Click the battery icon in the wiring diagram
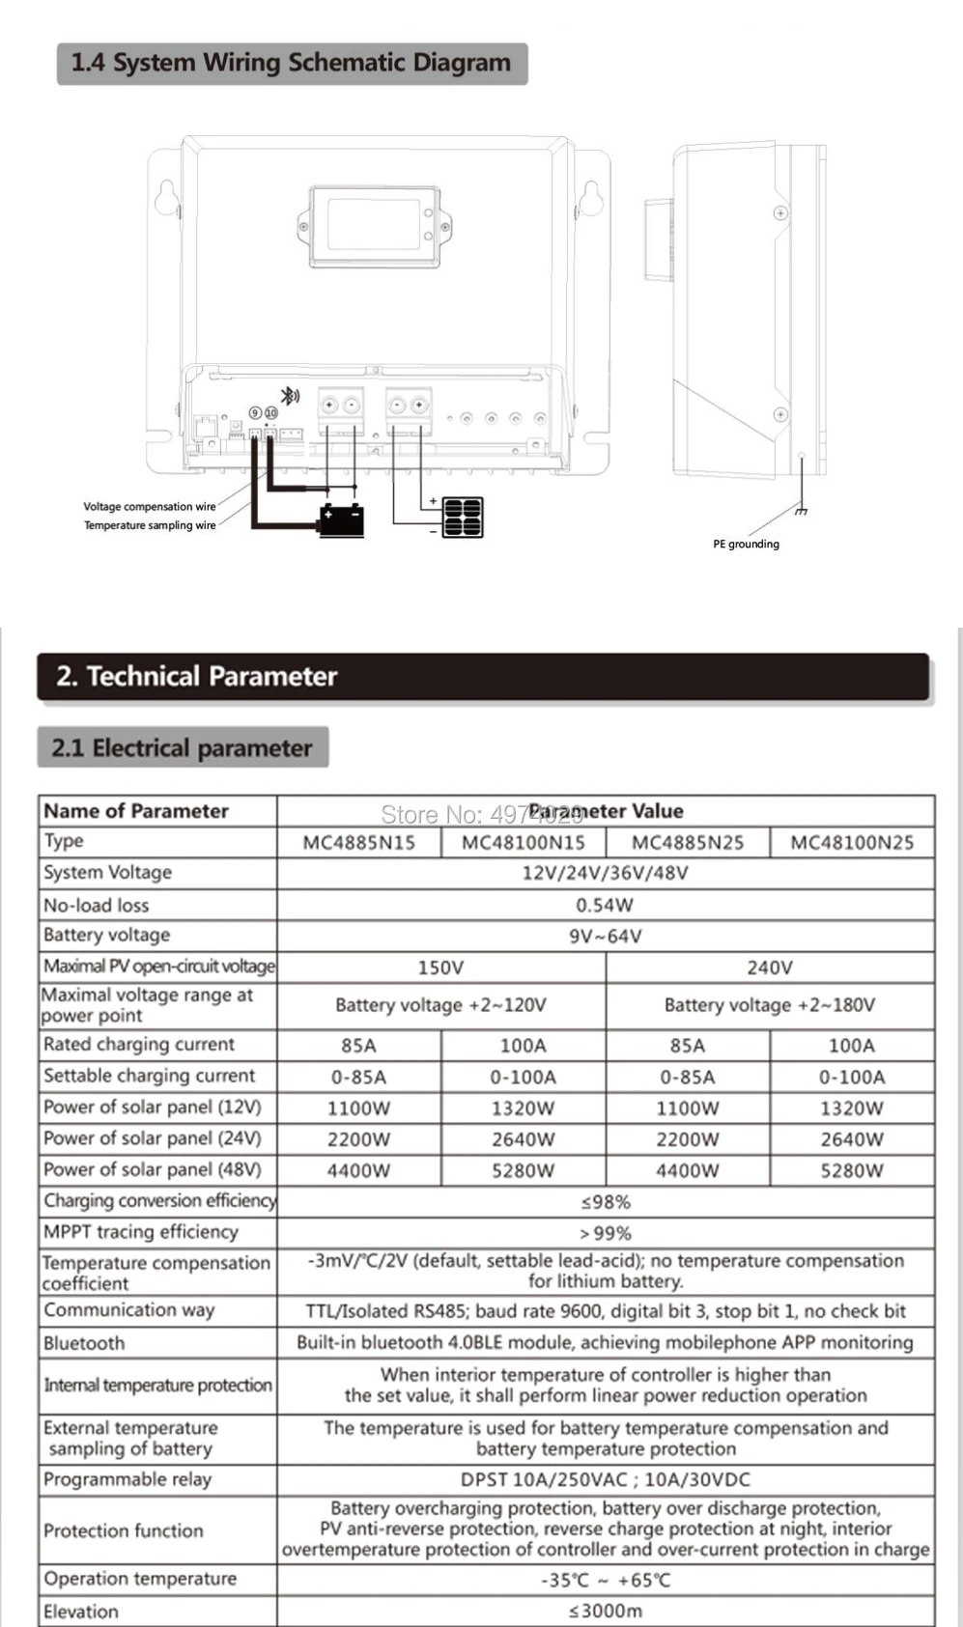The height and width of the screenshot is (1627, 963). click(x=342, y=519)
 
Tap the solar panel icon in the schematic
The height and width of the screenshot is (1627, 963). click(x=463, y=518)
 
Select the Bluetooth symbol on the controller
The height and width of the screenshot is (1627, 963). click(x=289, y=395)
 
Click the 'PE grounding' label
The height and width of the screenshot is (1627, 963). click(x=746, y=544)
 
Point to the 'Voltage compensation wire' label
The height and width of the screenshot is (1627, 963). click(x=150, y=506)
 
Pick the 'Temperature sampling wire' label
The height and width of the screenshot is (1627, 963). click(x=150, y=525)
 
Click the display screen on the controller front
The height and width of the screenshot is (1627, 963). click(x=373, y=225)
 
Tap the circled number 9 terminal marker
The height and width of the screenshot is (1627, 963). click(x=255, y=412)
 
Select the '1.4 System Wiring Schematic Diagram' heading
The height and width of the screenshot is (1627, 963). click(x=291, y=63)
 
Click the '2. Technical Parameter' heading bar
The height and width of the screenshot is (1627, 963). click(x=483, y=676)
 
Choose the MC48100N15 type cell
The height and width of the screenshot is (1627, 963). click(x=523, y=842)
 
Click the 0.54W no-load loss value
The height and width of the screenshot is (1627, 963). click(x=605, y=905)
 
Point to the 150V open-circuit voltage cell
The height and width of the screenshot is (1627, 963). click(x=440, y=968)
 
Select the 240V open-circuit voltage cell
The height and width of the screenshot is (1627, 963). click(x=770, y=968)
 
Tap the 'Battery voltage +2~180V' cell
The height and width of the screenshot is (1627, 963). click(x=770, y=1005)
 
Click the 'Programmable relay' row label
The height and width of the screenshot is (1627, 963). click(x=127, y=1479)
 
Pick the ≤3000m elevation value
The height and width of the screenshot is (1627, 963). click(x=605, y=1611)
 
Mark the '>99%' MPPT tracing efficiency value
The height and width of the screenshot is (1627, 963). click(x=605, y=1233)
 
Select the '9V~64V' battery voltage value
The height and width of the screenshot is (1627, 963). click(x=605, y=936)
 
